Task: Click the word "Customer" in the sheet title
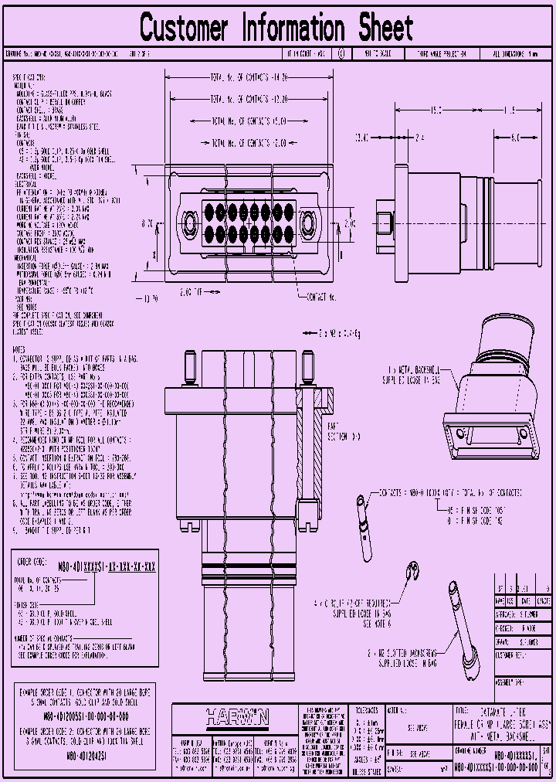click(185, 29)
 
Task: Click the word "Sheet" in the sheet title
click(385, 29)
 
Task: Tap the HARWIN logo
click(237, 717)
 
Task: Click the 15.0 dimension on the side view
click(436, 111)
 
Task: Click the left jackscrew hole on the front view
click(187, 223)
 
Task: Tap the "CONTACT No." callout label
click(321, 297)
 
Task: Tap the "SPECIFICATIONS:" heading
click(29, 78)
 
